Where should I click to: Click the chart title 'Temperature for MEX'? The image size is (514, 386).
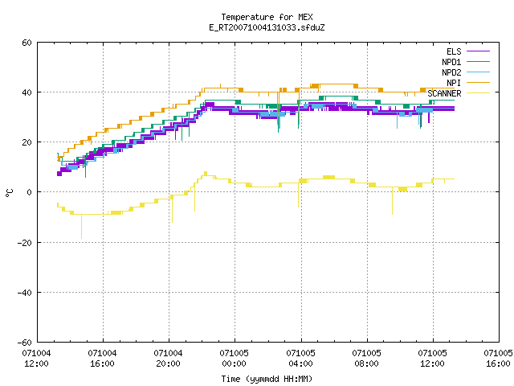tap(267, 17)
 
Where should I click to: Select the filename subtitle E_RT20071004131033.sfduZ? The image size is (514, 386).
tap(267, 27)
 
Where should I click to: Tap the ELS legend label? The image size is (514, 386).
tap(454, 51)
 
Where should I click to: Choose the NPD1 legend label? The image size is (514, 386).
tap(451, 62)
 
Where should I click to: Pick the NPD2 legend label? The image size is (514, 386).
tap(451, 72)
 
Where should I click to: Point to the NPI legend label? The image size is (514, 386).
tap(454, 83)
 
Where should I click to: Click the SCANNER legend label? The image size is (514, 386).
tap(444, 93)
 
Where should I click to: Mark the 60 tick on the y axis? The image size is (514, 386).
tap(27, 43)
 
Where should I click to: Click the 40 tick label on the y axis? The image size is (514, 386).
tap(27, 92)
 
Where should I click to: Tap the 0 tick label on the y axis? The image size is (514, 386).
tap(30, 192)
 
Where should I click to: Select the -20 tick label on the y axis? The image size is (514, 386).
tap(25, 243)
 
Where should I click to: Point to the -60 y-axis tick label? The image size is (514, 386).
tap(25, 343)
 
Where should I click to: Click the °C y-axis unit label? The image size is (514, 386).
tap(9, 193)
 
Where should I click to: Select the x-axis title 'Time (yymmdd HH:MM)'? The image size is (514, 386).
tap(267, 379)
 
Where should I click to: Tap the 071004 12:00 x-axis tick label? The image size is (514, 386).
tap(36, 359)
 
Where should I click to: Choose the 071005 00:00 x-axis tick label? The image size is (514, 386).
tap(234, 359)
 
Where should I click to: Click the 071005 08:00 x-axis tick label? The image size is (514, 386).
tap(366, 359)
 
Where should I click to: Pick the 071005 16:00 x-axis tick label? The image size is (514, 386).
tap(498, 359)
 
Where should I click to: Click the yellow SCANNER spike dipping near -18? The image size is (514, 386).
tap(81, 227)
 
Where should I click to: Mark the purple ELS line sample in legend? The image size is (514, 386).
tap(479, 51)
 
